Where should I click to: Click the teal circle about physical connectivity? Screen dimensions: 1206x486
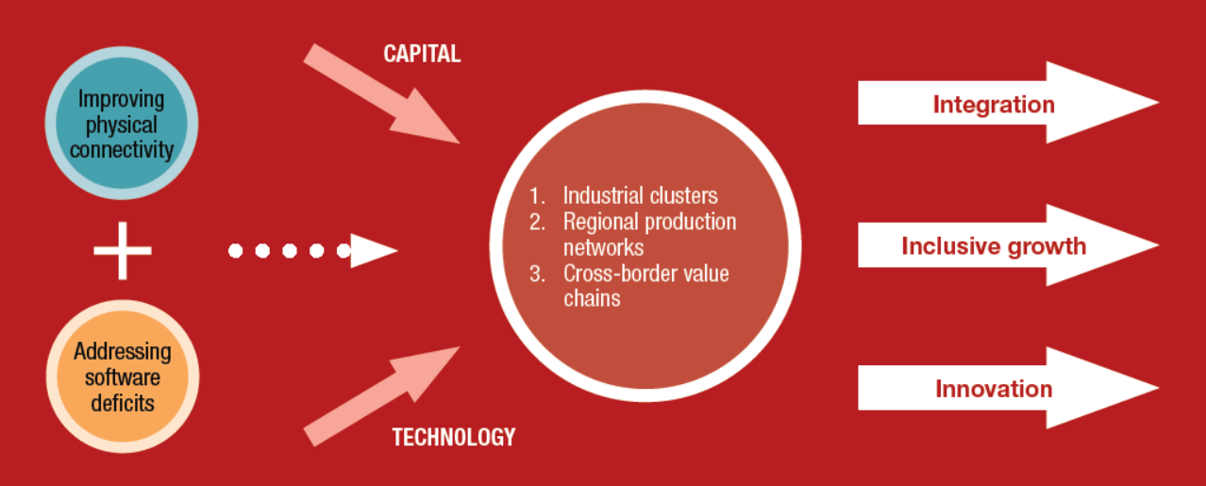122,123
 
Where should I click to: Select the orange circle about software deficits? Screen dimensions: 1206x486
123,377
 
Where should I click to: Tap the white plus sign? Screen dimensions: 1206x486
123,250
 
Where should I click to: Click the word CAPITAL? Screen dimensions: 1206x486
422,54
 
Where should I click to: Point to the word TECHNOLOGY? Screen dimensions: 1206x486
454,437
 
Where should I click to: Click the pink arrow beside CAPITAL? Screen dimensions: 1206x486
381,93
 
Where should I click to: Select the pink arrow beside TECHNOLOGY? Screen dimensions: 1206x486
381,396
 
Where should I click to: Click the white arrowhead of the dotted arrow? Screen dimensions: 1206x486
374,250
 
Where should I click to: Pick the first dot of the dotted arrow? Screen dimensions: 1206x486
235,250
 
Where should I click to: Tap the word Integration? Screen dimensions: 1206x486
994,105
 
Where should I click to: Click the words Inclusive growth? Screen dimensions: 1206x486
994,246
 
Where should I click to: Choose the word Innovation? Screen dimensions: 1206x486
994,389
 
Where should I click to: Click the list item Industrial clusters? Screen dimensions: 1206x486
640,195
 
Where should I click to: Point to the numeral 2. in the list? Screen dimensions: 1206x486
537,222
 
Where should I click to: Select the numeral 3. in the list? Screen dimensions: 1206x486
537,274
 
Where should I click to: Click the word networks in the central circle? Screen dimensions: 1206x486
604,247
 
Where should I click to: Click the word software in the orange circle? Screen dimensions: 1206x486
123,377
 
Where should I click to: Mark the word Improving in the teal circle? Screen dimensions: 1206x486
121,100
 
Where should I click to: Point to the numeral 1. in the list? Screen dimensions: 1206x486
537,196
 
